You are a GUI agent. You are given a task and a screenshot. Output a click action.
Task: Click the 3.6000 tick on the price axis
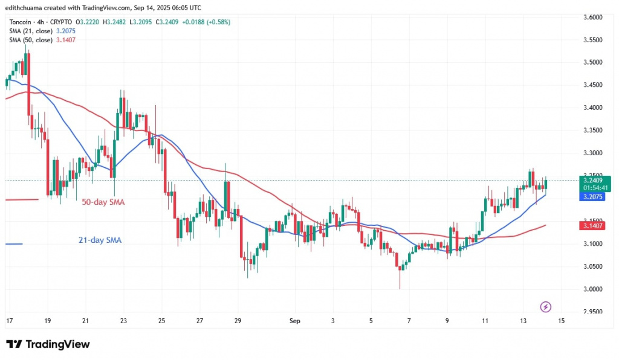point(590,17)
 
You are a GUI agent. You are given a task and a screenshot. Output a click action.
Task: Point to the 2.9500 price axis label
point(590,312)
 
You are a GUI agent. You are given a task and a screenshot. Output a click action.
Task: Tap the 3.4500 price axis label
point(590,85)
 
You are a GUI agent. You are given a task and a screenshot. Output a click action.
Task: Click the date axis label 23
point(123,320)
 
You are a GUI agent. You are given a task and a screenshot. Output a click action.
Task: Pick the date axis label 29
point(238,320)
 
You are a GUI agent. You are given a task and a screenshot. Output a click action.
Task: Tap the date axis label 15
point(561,320)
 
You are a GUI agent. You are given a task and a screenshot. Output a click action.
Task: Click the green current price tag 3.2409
point(591,179)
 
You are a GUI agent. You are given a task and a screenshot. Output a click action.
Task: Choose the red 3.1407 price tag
point(591,225)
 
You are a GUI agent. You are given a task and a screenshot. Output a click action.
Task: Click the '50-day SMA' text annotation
point(103,202)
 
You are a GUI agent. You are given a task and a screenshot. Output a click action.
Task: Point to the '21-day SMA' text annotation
point(100,240)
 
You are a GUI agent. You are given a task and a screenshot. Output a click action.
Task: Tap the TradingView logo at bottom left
point(48,344)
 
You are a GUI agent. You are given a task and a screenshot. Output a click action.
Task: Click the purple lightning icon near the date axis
point(546,307)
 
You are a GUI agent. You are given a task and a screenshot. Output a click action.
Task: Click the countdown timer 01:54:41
point(591,187)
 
